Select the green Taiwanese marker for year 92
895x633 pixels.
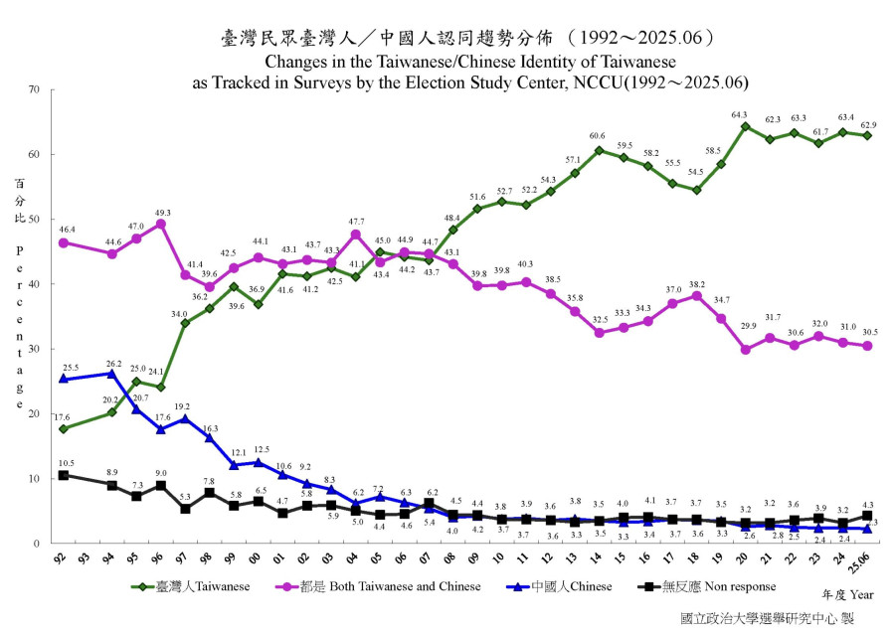pos(64,429)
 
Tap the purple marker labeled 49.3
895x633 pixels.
pos(161,224)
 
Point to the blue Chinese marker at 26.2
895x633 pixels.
pos(112,374)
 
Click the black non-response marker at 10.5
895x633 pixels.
pos(64,475)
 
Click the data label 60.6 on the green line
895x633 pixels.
pos(597,136)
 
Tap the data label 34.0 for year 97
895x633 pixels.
pos(179,313)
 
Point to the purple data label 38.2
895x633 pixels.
pos(697,284)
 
